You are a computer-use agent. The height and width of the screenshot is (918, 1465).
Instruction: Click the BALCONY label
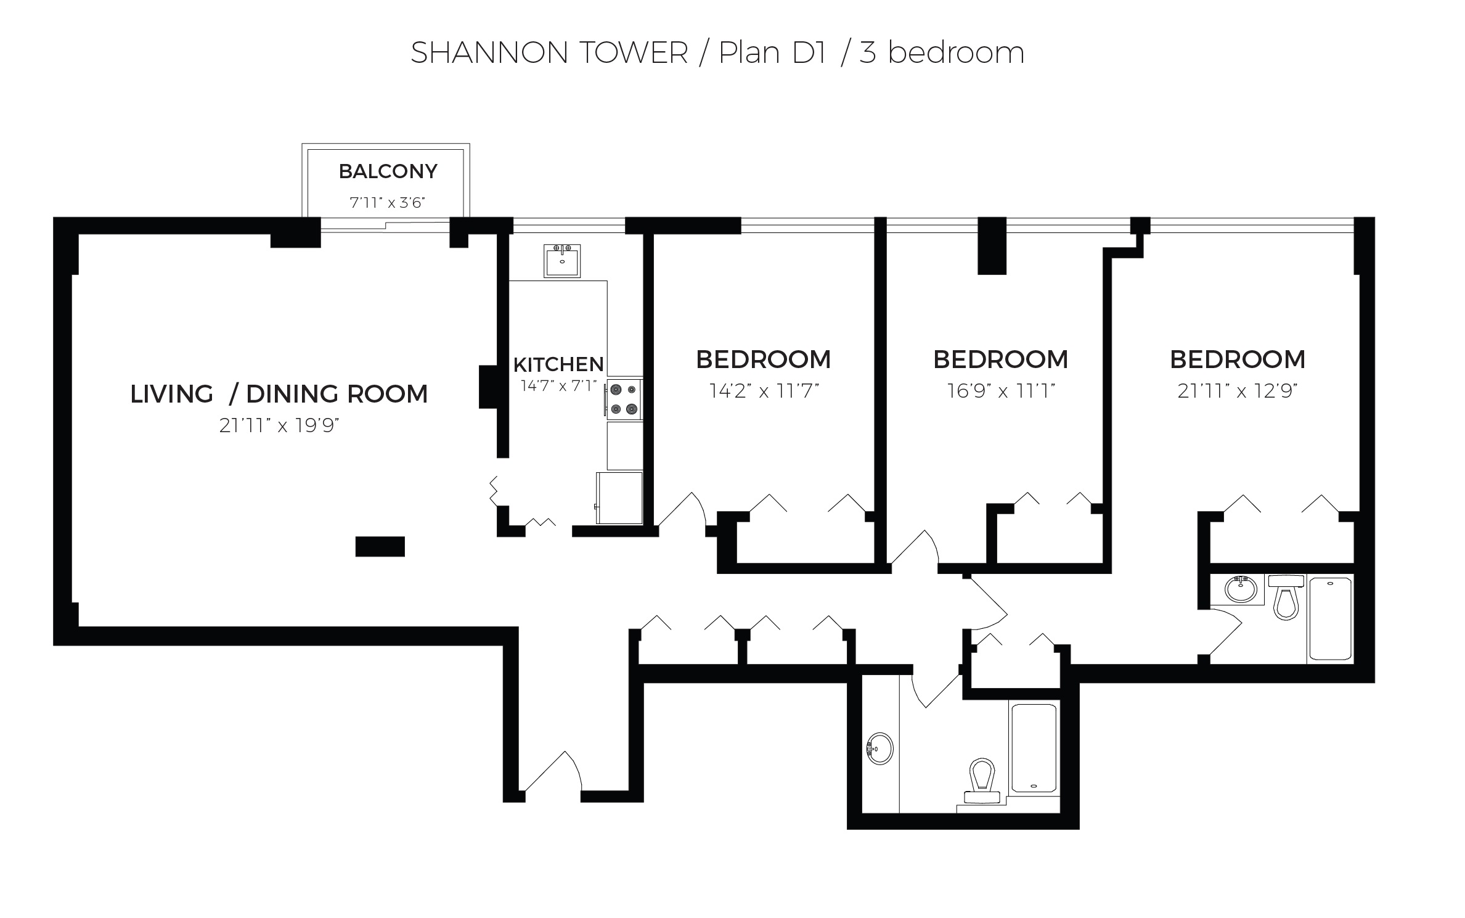(x=388, y=171)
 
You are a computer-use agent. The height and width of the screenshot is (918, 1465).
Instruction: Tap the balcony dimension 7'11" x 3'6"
(x=388, y=203)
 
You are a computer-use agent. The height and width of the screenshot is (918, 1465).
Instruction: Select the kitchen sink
(x=561, y=261)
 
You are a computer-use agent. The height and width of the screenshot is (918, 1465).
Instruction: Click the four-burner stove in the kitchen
(x=624, y=399)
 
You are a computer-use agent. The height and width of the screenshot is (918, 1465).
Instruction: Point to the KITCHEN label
(x=558, y=364)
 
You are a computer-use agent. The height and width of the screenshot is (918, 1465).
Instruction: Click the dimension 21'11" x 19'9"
(x=280, y=425)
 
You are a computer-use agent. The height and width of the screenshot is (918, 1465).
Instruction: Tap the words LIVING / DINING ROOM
(x=279, y=394)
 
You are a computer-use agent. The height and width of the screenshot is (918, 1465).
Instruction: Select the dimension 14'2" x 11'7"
(x=764, y=391)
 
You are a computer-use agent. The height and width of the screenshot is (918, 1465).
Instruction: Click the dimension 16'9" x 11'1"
(x=1001, y=391)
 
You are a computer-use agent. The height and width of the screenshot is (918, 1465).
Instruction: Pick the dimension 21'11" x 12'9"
(x=1238, y=391)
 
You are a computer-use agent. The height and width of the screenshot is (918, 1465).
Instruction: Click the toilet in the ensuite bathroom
(x=1286, y=599)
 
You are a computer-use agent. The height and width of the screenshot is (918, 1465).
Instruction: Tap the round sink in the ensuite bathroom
(x=1241, y=589)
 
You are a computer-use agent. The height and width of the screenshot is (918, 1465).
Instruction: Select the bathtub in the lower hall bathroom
(x=1034, y=748)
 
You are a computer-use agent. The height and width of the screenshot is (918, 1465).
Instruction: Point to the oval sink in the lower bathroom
(x=880, y=748)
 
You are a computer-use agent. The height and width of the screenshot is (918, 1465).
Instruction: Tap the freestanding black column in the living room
(x=380, y=546)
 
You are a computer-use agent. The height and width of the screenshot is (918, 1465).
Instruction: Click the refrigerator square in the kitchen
(x=619, y=498)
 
